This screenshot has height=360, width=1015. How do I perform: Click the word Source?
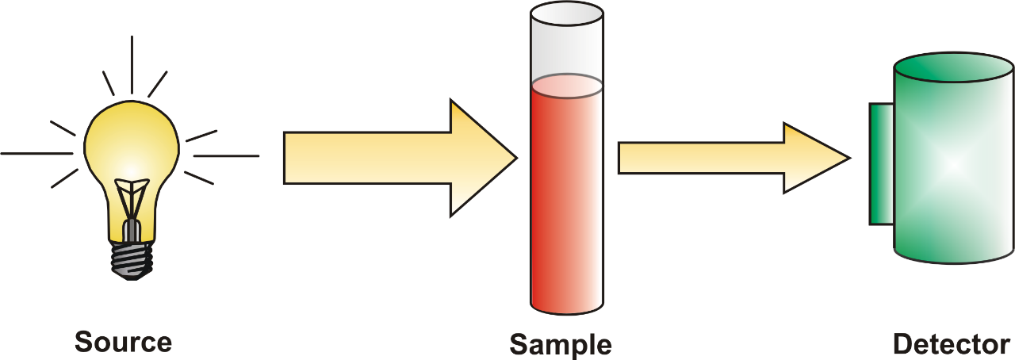pos(123,342)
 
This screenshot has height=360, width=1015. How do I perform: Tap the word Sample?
pos(561,346)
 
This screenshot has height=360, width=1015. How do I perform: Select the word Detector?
pos(952,344)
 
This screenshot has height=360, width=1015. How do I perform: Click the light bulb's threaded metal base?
pos(132,260)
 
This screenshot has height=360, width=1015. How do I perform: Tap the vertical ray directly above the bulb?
pos(132,64)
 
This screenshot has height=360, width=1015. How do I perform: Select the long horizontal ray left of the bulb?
pos(36,154)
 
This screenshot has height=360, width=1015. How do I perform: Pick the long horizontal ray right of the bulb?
pos(227,156)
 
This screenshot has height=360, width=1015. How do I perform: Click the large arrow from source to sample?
pos(400,158)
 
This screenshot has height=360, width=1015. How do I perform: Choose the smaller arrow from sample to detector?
pos(734,158)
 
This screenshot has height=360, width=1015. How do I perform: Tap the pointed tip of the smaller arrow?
pos(851,158)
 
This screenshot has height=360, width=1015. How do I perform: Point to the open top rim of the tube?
pos(567,14)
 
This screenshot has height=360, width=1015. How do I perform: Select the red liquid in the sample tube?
pos(567,195)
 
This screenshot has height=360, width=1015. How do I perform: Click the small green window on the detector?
pos(881,163)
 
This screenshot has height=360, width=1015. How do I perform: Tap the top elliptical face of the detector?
pos(954,67)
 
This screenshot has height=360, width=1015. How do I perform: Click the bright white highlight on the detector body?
pos(955,164)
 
